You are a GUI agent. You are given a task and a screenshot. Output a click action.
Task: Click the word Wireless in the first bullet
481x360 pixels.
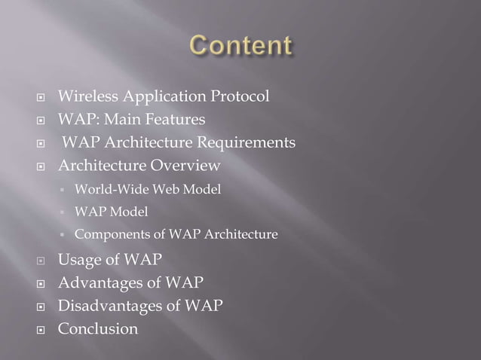pos(86,96)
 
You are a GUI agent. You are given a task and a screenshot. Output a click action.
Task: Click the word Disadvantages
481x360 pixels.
pos(110,306)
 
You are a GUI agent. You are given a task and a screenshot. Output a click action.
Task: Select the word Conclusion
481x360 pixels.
pos(98,329)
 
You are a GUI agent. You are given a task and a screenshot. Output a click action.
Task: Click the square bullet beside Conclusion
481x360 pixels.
pos(43,330)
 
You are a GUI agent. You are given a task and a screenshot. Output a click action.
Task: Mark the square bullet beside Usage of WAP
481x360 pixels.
pos(43,261)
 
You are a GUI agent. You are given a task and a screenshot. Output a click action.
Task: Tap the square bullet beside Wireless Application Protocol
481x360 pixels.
pos(43,97)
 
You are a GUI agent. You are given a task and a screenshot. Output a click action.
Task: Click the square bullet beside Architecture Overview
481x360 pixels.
pos(43,166)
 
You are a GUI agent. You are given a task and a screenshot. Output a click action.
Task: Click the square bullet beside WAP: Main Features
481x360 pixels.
pos(43,121)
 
